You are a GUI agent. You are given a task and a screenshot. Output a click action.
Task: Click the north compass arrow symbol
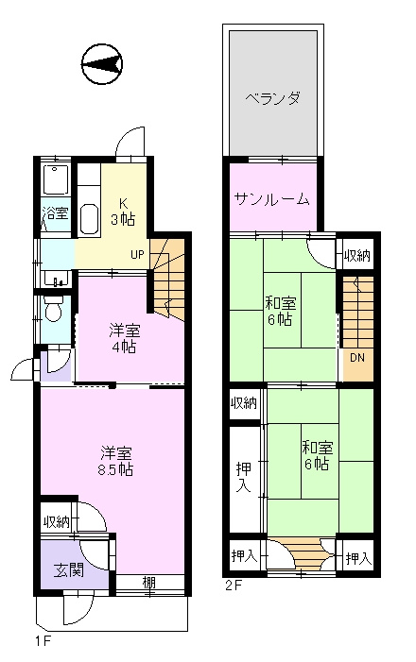[101, 64]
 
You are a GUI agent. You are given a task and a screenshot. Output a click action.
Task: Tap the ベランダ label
[272, 98]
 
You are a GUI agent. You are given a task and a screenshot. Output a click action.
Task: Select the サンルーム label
[271, 198]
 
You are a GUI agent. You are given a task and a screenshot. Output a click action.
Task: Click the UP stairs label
[137, 255]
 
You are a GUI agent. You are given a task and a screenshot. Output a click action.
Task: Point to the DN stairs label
[357, 358]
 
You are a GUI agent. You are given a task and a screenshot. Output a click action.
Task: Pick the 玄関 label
[69, 570]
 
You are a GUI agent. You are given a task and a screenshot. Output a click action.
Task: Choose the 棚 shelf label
[148, 583]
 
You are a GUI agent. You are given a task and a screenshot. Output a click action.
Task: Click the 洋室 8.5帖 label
[115, 461]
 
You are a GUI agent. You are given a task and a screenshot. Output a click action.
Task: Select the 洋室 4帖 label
[124, 338]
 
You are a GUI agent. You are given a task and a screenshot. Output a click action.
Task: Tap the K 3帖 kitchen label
[123, 212]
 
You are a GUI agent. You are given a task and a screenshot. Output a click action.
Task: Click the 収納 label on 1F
[56, 522]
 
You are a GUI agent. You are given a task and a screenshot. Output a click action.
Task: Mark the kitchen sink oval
[89, 219]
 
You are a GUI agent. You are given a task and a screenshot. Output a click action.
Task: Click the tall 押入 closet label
[244, 477]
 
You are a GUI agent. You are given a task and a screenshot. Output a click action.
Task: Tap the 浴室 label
[56, 213]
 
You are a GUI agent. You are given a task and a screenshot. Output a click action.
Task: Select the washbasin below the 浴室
[56, 280]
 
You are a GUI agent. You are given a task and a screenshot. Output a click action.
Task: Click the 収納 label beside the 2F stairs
[357, 255]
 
